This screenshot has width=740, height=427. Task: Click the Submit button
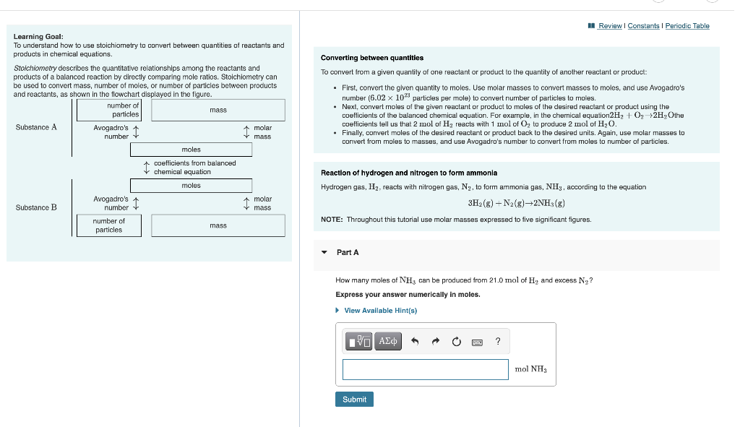tap(354, 399)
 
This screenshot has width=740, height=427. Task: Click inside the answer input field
tap(425, 369)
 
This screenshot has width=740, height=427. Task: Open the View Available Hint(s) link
tap(380, 311)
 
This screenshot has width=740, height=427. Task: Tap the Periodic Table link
tap(687, 26)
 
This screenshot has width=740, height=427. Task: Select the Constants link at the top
tap(643, 26)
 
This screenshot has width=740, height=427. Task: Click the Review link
tap(610, 26)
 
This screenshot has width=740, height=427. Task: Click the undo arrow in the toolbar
tap(416, 342)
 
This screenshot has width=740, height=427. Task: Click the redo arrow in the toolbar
tap(436, 342)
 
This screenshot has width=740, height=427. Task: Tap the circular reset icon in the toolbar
tap(456, 342)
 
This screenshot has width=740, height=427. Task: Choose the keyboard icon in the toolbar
tap(477, 342)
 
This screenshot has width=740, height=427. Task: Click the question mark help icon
tap(498, 342)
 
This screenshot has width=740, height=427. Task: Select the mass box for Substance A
tap(218, 110)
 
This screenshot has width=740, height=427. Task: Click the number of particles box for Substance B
tap(109, 225)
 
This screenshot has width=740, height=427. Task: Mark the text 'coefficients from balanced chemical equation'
tap(194, 168)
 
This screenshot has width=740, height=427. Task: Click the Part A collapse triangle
tap(324, 253)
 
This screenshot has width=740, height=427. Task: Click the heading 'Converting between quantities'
tap(372, 58)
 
